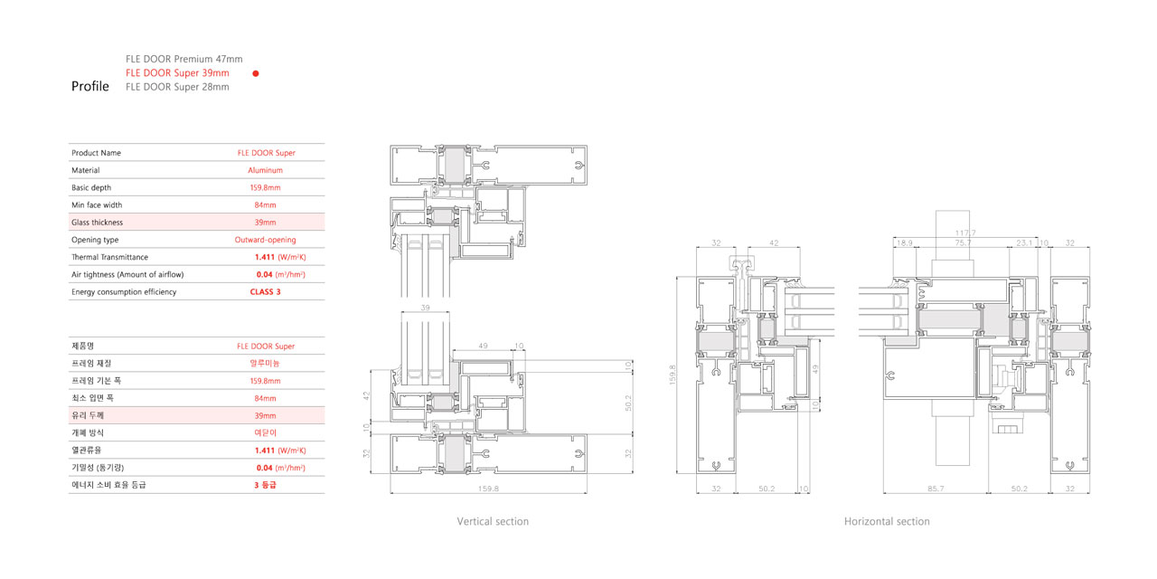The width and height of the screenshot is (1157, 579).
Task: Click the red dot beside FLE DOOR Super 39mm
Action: [x=255, y=73]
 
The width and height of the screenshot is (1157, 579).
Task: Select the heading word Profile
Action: [x=89, y=86]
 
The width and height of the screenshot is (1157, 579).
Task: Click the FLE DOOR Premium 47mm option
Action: [x=183, y=59]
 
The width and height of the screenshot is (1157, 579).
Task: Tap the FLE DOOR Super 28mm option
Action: [x=177, y=87]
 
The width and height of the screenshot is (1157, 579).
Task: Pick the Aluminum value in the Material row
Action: [x=265, y=170]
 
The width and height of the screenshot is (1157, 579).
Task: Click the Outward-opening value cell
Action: [x=265, y=240]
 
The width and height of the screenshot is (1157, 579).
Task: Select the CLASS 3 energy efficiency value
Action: [x=265, y=292]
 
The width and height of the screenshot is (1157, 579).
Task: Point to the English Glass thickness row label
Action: [x=97, y=223]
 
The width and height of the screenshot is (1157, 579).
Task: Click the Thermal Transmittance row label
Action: [x=109, y=257]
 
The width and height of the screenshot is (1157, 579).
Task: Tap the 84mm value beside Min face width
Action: [x=265, y=205]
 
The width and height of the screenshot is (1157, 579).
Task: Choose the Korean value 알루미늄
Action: [x=265, y=364]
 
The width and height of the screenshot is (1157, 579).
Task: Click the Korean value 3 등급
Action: [x=265, y=485]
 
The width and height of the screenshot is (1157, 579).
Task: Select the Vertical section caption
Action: [x=493, y=521]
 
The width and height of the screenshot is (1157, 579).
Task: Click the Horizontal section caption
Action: [x=887, y=521]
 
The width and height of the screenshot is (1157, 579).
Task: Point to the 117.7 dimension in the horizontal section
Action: [x=965, y=233]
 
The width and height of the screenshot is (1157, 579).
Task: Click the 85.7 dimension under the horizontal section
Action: [x=936, y=489]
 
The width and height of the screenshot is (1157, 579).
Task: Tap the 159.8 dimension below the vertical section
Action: [x=488, y=489]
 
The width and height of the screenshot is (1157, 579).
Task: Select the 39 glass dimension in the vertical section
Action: [x=425, y=308]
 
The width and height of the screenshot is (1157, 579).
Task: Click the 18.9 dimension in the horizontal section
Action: [x=905, y=243]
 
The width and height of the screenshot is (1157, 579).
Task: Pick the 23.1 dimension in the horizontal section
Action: [x=1024, y=243]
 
